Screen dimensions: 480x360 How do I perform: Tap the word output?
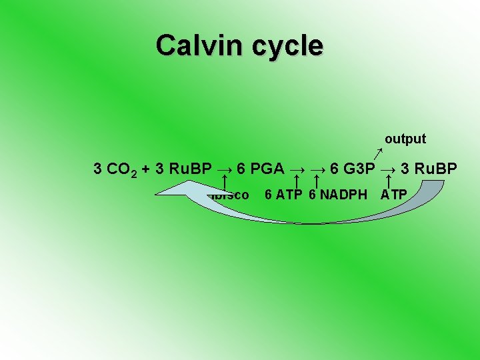pos(405,139)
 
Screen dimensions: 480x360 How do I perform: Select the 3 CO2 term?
pos(115,169)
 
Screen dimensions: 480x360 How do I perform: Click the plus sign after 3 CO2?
pos(145,169)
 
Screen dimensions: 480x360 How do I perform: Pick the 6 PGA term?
pos(261,169)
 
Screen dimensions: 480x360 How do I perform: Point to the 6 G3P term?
pos(353,169)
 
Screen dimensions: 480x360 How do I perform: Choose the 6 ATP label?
pos(284,195)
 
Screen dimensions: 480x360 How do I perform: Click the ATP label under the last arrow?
pos(394,195)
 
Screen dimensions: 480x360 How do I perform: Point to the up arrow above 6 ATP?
pos(296,181)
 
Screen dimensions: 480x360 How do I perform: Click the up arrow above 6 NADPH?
pos(318,181)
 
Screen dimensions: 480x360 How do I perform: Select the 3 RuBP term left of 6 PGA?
pos(183,169)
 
